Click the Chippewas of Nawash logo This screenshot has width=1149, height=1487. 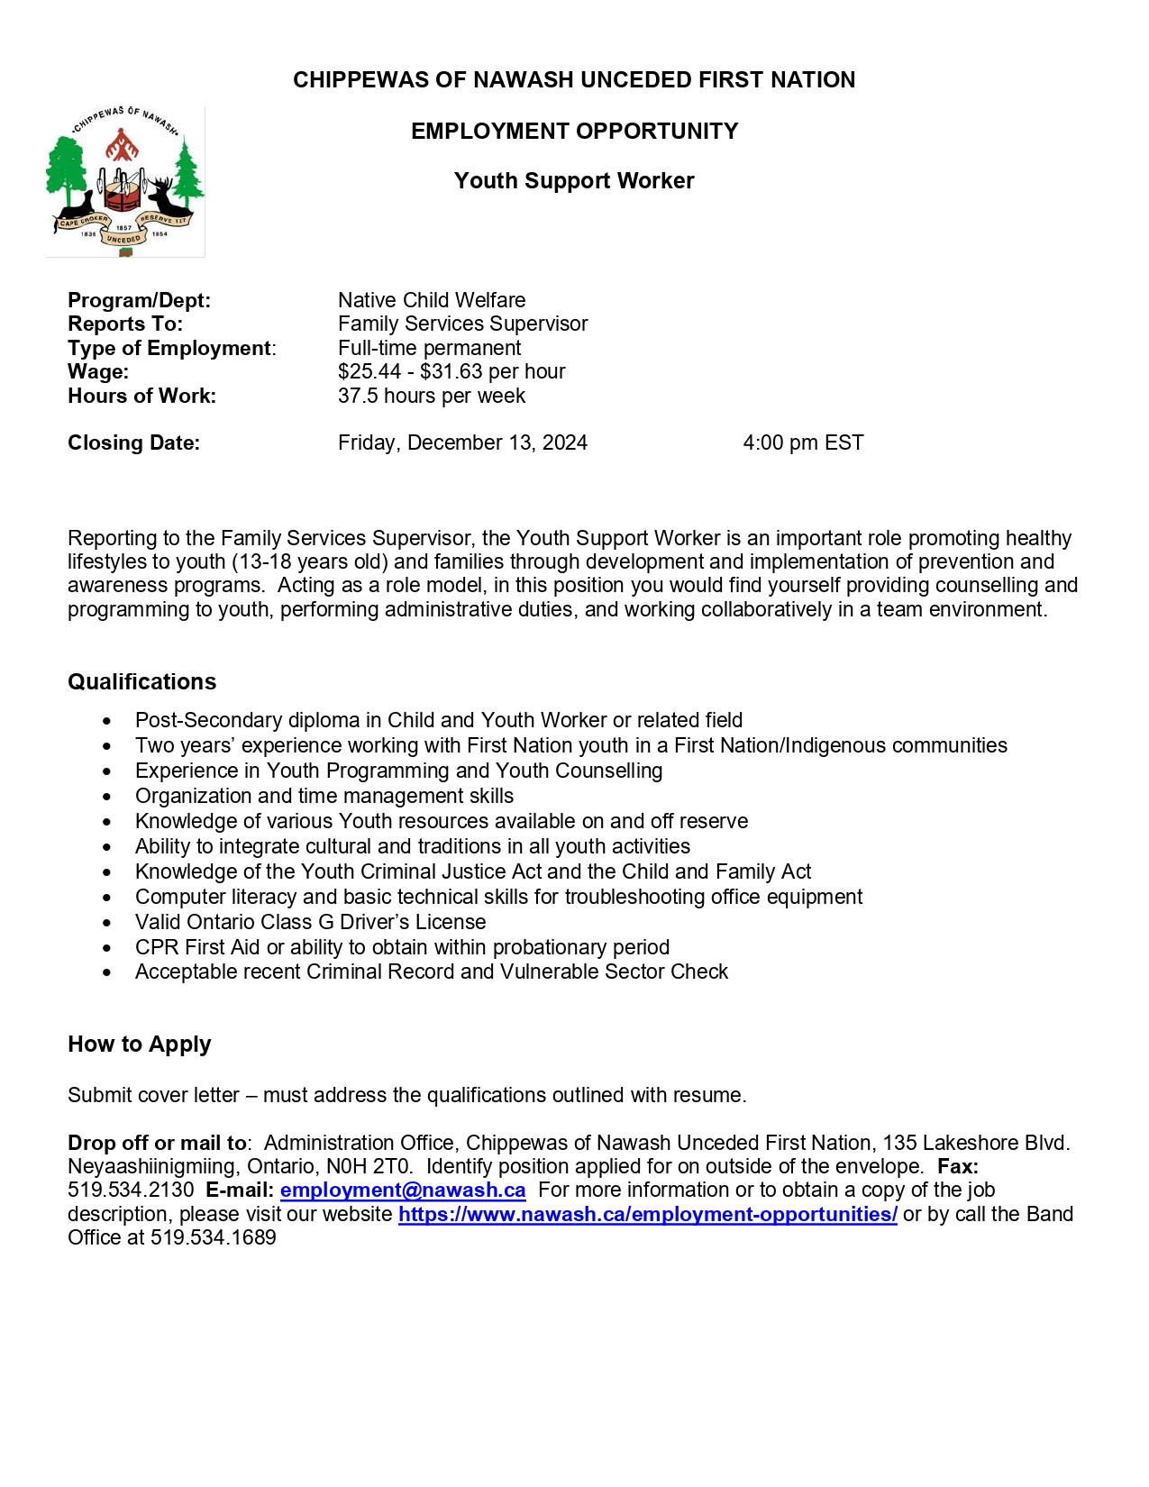point(125,181)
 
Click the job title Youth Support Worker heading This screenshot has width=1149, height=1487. point(574,181)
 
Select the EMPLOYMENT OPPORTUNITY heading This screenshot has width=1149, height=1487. point(574,132)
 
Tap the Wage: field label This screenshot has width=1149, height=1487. point(98,372)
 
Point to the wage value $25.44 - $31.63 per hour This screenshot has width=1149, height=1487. point(451,372)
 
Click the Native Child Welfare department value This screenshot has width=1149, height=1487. point(432,300)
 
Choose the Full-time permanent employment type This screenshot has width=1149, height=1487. point(429,348)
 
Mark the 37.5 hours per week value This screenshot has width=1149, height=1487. point(431,397)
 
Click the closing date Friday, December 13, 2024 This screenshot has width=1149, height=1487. point(462,443)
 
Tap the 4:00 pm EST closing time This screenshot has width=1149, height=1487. point(803,443)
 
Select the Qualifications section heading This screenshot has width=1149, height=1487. point(142,682)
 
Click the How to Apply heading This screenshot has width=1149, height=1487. point(140,1045)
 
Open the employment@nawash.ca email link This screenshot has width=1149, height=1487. point(403,1191)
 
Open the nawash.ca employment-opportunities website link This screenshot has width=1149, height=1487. point(647,1215)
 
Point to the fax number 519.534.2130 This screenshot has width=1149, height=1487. point(131,1191)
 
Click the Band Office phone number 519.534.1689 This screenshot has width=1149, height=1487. point(214,1238)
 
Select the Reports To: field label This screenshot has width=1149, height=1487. point(125,324)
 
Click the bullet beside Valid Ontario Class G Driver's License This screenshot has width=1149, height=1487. point(107,923)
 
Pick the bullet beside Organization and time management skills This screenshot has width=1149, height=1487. point(107,797)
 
